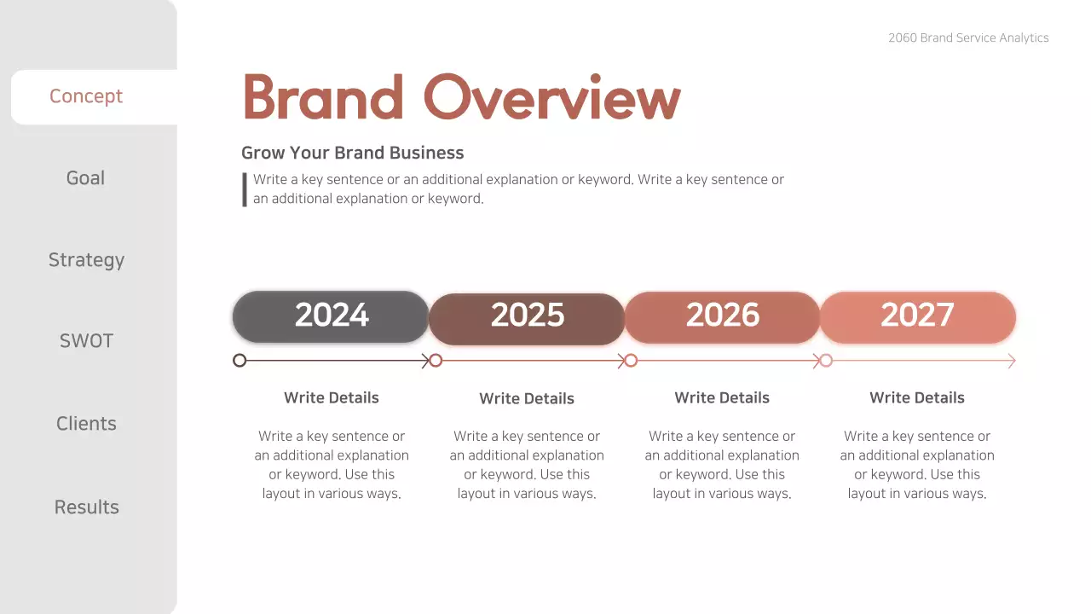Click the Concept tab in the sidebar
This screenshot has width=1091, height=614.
(86, 96)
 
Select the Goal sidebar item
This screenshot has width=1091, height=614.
(86, 178)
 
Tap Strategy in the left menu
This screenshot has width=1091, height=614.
(86, 260)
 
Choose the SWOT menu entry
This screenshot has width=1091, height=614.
(86, 341)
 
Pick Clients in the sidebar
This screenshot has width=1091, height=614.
(86, 424)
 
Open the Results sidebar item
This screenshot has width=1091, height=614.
(86, 507)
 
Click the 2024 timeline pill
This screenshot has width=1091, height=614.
(331, 316)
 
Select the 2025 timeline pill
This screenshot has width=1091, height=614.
(527, 318)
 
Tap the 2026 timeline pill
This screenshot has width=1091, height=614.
(722, 316)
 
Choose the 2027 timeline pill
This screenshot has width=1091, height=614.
(917, 316)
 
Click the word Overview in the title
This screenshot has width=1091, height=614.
(551, 97)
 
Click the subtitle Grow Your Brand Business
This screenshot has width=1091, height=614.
(353, 153)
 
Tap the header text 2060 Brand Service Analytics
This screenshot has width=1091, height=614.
(968, 38)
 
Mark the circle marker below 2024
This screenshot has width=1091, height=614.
(240, 361)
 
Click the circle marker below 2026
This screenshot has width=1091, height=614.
(631, 361)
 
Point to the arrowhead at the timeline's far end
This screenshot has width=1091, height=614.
(1012, 362)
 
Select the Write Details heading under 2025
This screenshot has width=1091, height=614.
(527, 398)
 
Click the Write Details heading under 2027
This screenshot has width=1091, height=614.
(917, 397)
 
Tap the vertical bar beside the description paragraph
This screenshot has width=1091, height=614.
(245, 189)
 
